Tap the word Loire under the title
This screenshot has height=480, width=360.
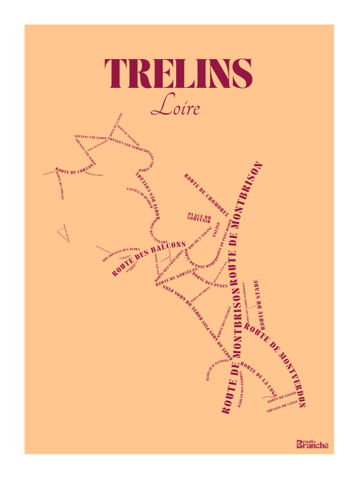175,107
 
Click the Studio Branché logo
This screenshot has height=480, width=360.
312,444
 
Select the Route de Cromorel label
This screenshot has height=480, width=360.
205,194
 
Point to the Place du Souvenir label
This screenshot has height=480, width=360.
200,217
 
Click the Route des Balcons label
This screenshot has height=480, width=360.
149,259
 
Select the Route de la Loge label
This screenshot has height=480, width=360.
259,377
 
